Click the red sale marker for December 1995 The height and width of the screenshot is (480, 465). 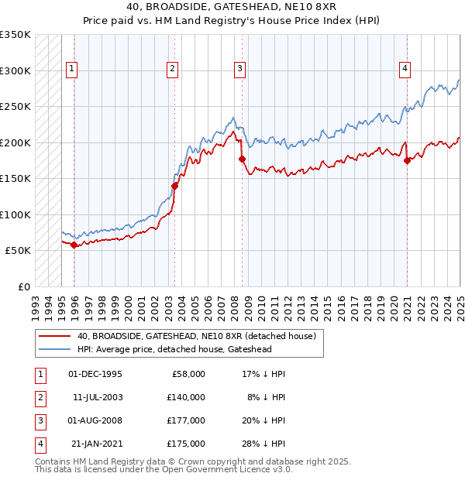tap(74, 245)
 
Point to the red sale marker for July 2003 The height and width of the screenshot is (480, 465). tap(174, 186)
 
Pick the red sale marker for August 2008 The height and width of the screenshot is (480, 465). tap(242, 159)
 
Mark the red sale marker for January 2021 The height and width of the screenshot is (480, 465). tap(408, 161)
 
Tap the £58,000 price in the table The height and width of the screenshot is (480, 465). tap(188, 374)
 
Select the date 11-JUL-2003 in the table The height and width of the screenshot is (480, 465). tap(97, 397)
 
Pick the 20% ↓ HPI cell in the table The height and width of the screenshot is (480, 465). tap(264, 420)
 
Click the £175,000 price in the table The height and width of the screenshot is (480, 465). tap(186, 444)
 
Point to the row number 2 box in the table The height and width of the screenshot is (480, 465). tap(40, 397)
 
